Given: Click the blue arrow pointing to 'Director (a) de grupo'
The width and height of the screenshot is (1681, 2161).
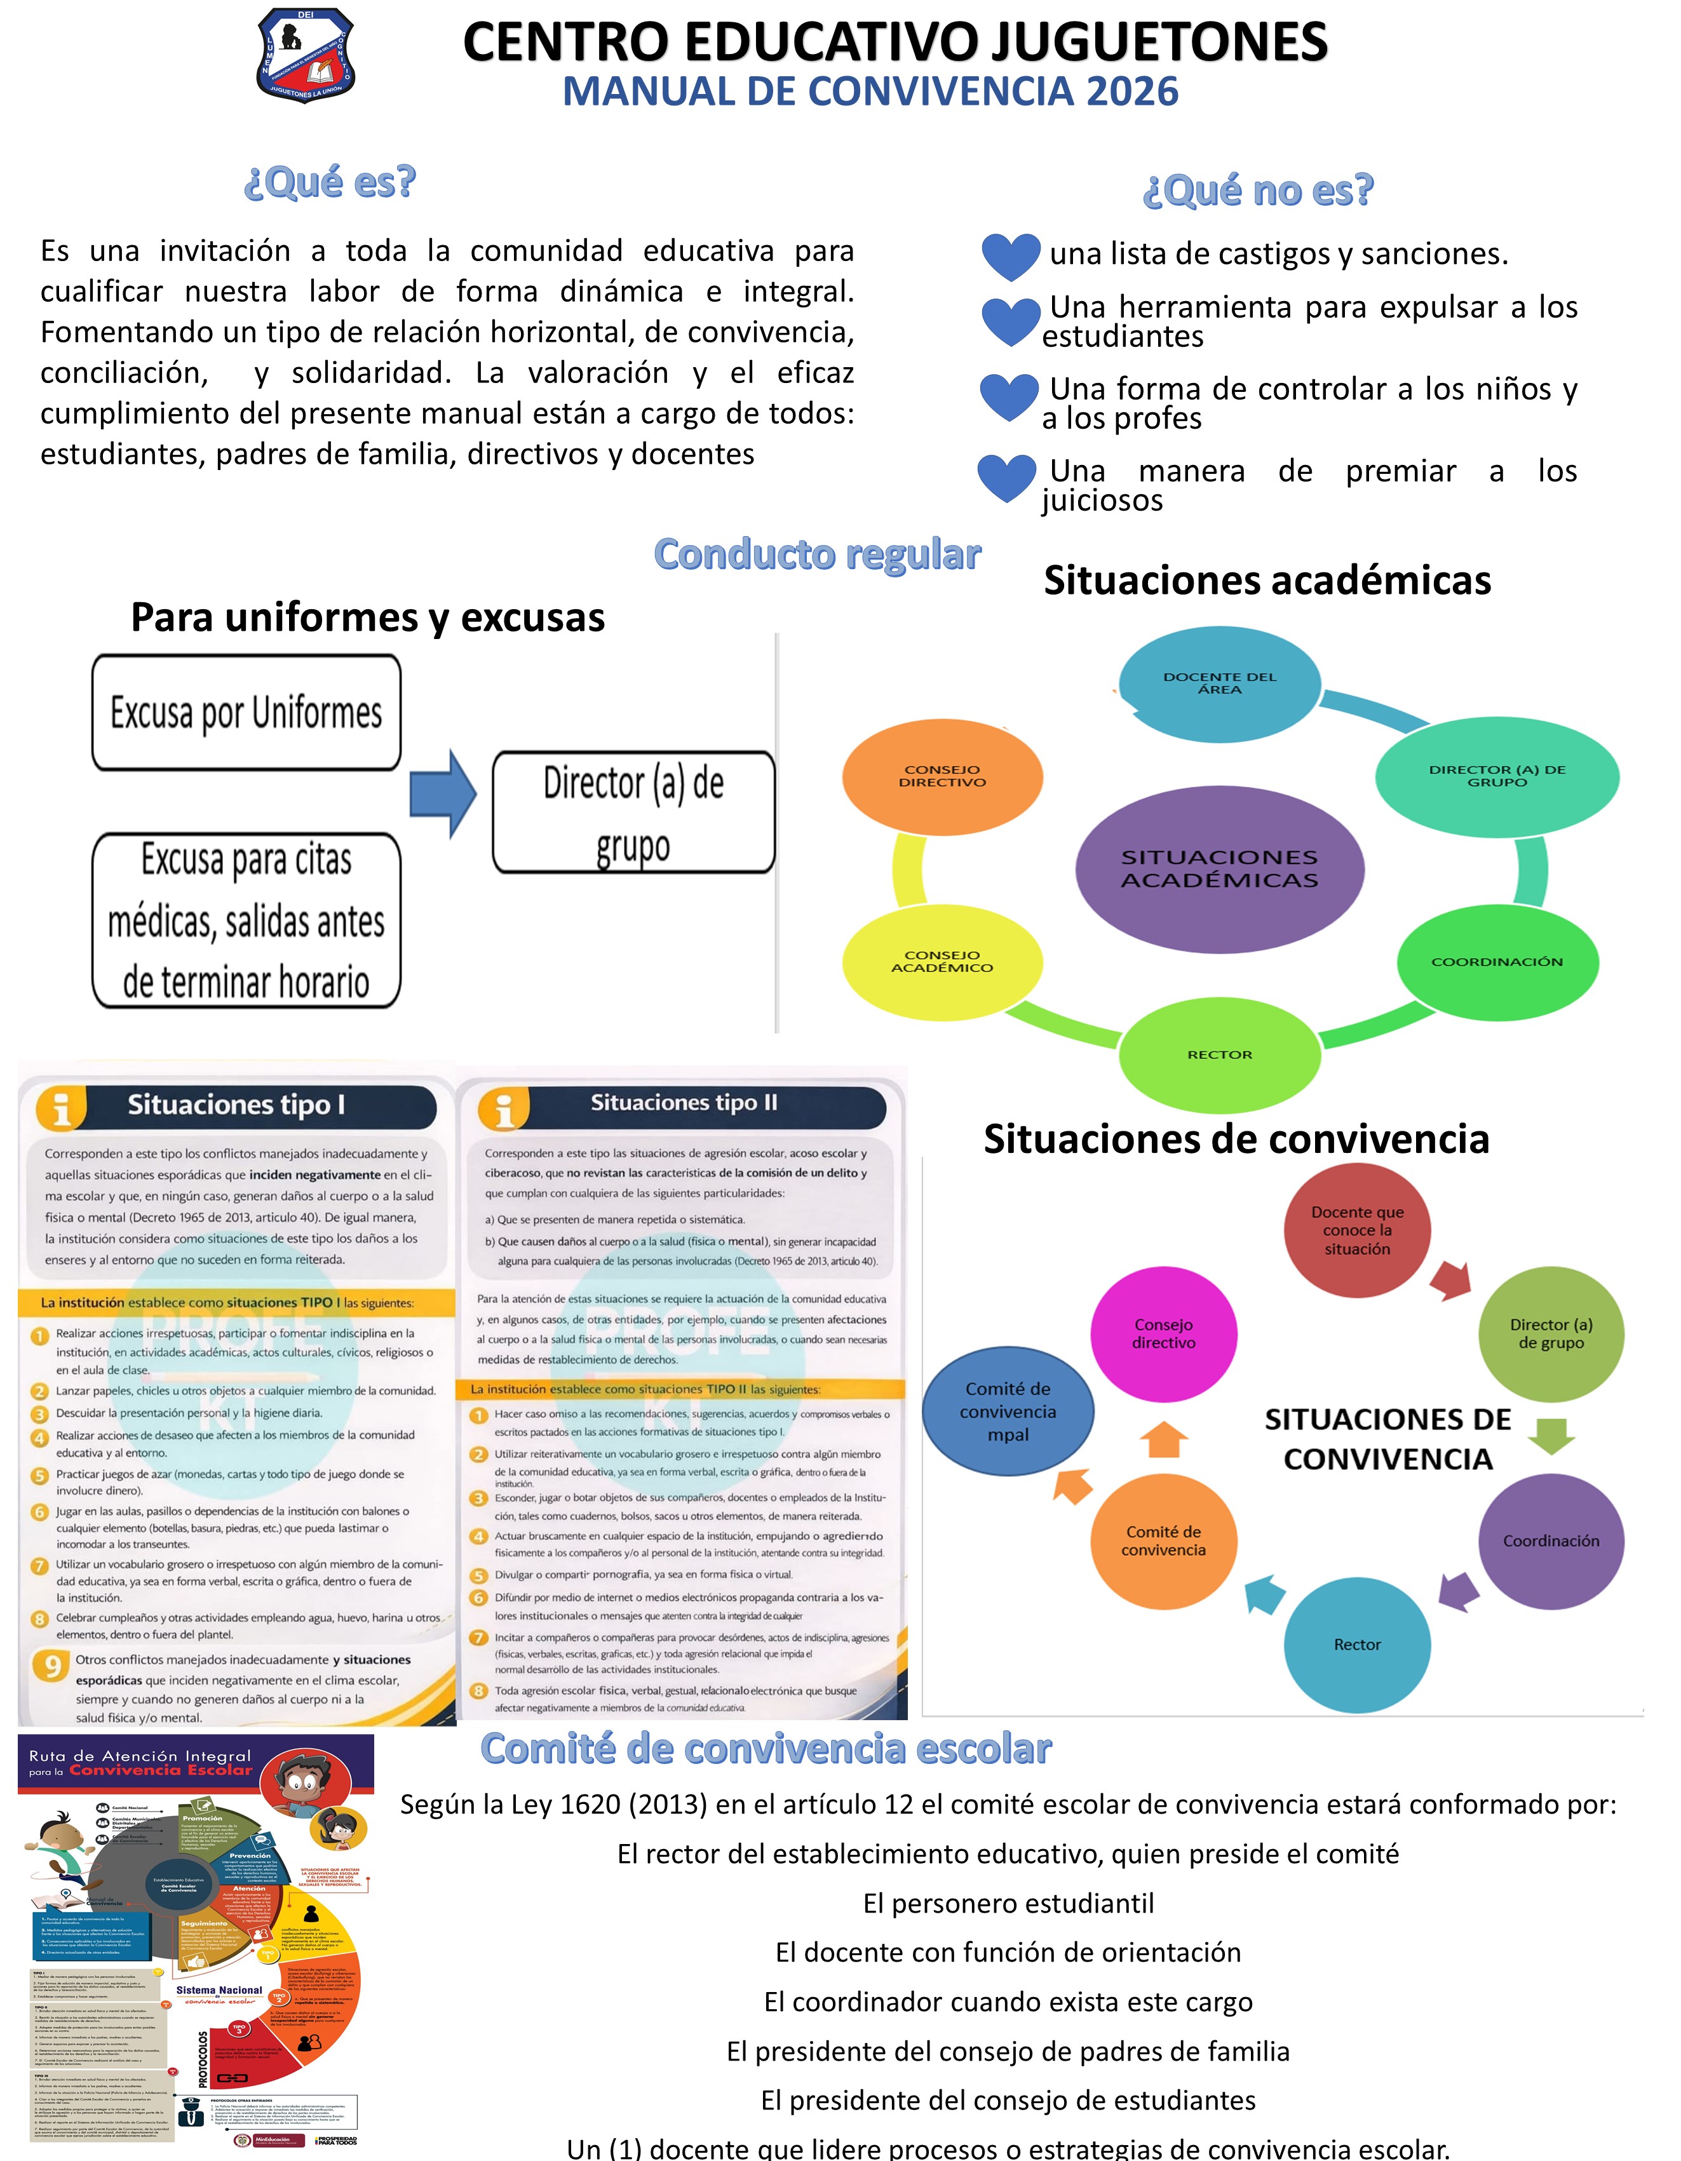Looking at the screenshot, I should point(443,793).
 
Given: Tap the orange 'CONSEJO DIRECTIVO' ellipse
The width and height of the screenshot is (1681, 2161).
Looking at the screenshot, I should point(942,776).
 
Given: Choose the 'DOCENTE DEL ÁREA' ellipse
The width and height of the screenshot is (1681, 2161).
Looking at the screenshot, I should point(1219,683).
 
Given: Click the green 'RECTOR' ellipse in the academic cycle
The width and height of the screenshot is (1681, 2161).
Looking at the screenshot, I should point(1219,1054).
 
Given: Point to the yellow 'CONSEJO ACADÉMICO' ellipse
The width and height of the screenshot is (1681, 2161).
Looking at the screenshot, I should point(942,962).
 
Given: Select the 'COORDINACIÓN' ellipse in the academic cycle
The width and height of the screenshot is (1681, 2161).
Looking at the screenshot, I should point(1497,962).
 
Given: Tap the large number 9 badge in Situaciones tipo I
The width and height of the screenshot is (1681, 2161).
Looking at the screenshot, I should point(51,1666).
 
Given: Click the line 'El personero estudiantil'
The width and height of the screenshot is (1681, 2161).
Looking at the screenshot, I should point(1008,1902).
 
